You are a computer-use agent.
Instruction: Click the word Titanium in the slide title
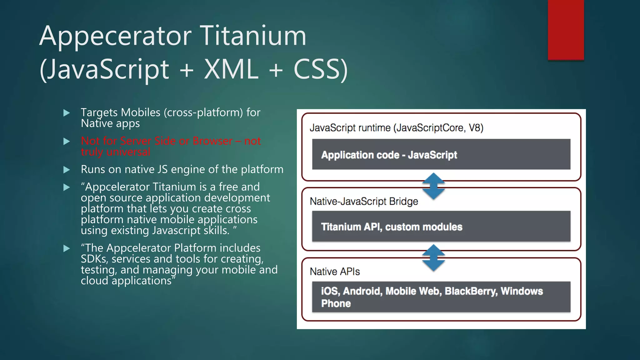click(x=253, y=36)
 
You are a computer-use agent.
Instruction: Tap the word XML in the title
click(x=231, y=69)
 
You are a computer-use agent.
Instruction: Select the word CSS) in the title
click(x=320, y=69)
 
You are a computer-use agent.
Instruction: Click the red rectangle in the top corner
click(x=566, y=30)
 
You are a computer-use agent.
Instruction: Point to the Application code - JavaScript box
click(x=441, y=154)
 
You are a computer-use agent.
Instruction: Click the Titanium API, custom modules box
click(x=441, y=226)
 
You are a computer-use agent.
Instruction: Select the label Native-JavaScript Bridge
click(x=364, y=202)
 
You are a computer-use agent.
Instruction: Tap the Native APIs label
click(x=335, y=272)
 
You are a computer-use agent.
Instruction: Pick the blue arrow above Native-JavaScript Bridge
click(x=433, y=186)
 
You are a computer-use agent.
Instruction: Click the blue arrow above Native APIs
click(x=433, y=258)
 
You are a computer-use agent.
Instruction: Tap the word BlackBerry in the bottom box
click(x=471, y=291)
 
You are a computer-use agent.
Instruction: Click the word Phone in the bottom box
click(x=336, y=303)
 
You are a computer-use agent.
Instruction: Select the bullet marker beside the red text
click(x=66, y=141)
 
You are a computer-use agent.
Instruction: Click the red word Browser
click(x=212, y=141)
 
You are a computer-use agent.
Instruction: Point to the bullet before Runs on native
click(x=66, y=170)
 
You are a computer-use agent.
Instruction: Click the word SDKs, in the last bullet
click(x=94, y=259)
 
